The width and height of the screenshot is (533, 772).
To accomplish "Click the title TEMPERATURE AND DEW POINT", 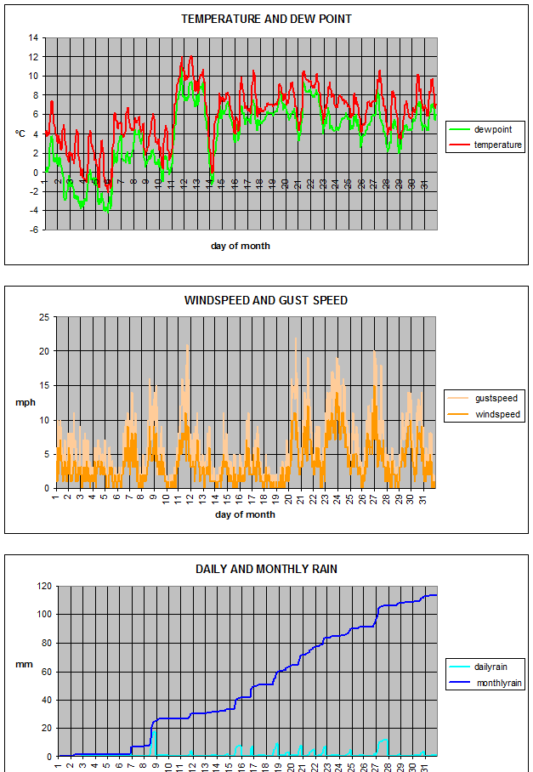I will coord(266,19).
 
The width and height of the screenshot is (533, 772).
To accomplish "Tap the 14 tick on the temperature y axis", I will coord(33,37).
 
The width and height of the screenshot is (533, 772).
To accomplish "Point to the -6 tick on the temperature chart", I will coord(33,230).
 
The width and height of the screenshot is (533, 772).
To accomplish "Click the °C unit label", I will coord(20,133).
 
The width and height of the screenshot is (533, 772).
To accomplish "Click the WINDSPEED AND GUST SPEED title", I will coord(266,300).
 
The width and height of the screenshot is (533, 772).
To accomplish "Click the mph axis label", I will coord(24,402).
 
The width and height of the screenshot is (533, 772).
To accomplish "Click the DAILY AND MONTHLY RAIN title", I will coord(266,569).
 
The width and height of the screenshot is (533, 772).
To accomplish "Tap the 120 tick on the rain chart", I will coord(41,586).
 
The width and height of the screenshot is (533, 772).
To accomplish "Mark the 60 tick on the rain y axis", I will coord(44,671).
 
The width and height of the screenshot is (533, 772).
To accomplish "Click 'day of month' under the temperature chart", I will coord(241,246).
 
